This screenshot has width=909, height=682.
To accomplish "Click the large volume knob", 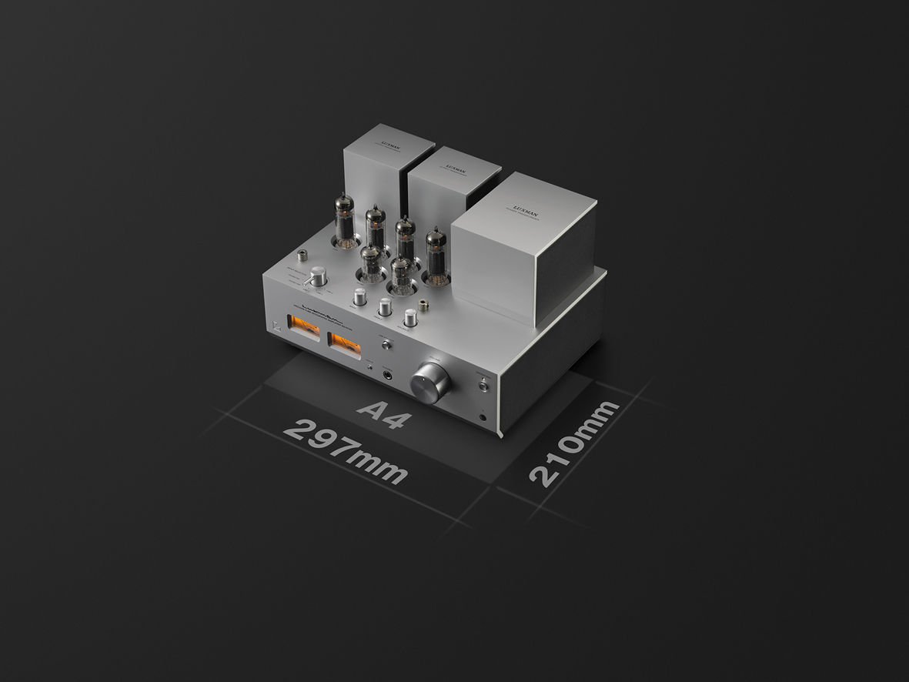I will (430, 383).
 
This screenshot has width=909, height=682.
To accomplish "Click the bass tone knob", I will (360, 297).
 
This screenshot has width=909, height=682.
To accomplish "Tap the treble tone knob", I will (385, 306).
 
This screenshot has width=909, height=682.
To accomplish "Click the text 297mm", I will (345, 451).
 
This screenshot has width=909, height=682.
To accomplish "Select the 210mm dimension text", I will (573, 443).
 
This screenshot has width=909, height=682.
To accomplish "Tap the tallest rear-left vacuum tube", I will (344, 219).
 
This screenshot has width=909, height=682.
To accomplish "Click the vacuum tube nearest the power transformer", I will (436, 255).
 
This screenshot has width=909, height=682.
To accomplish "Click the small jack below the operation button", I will (483, 416).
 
